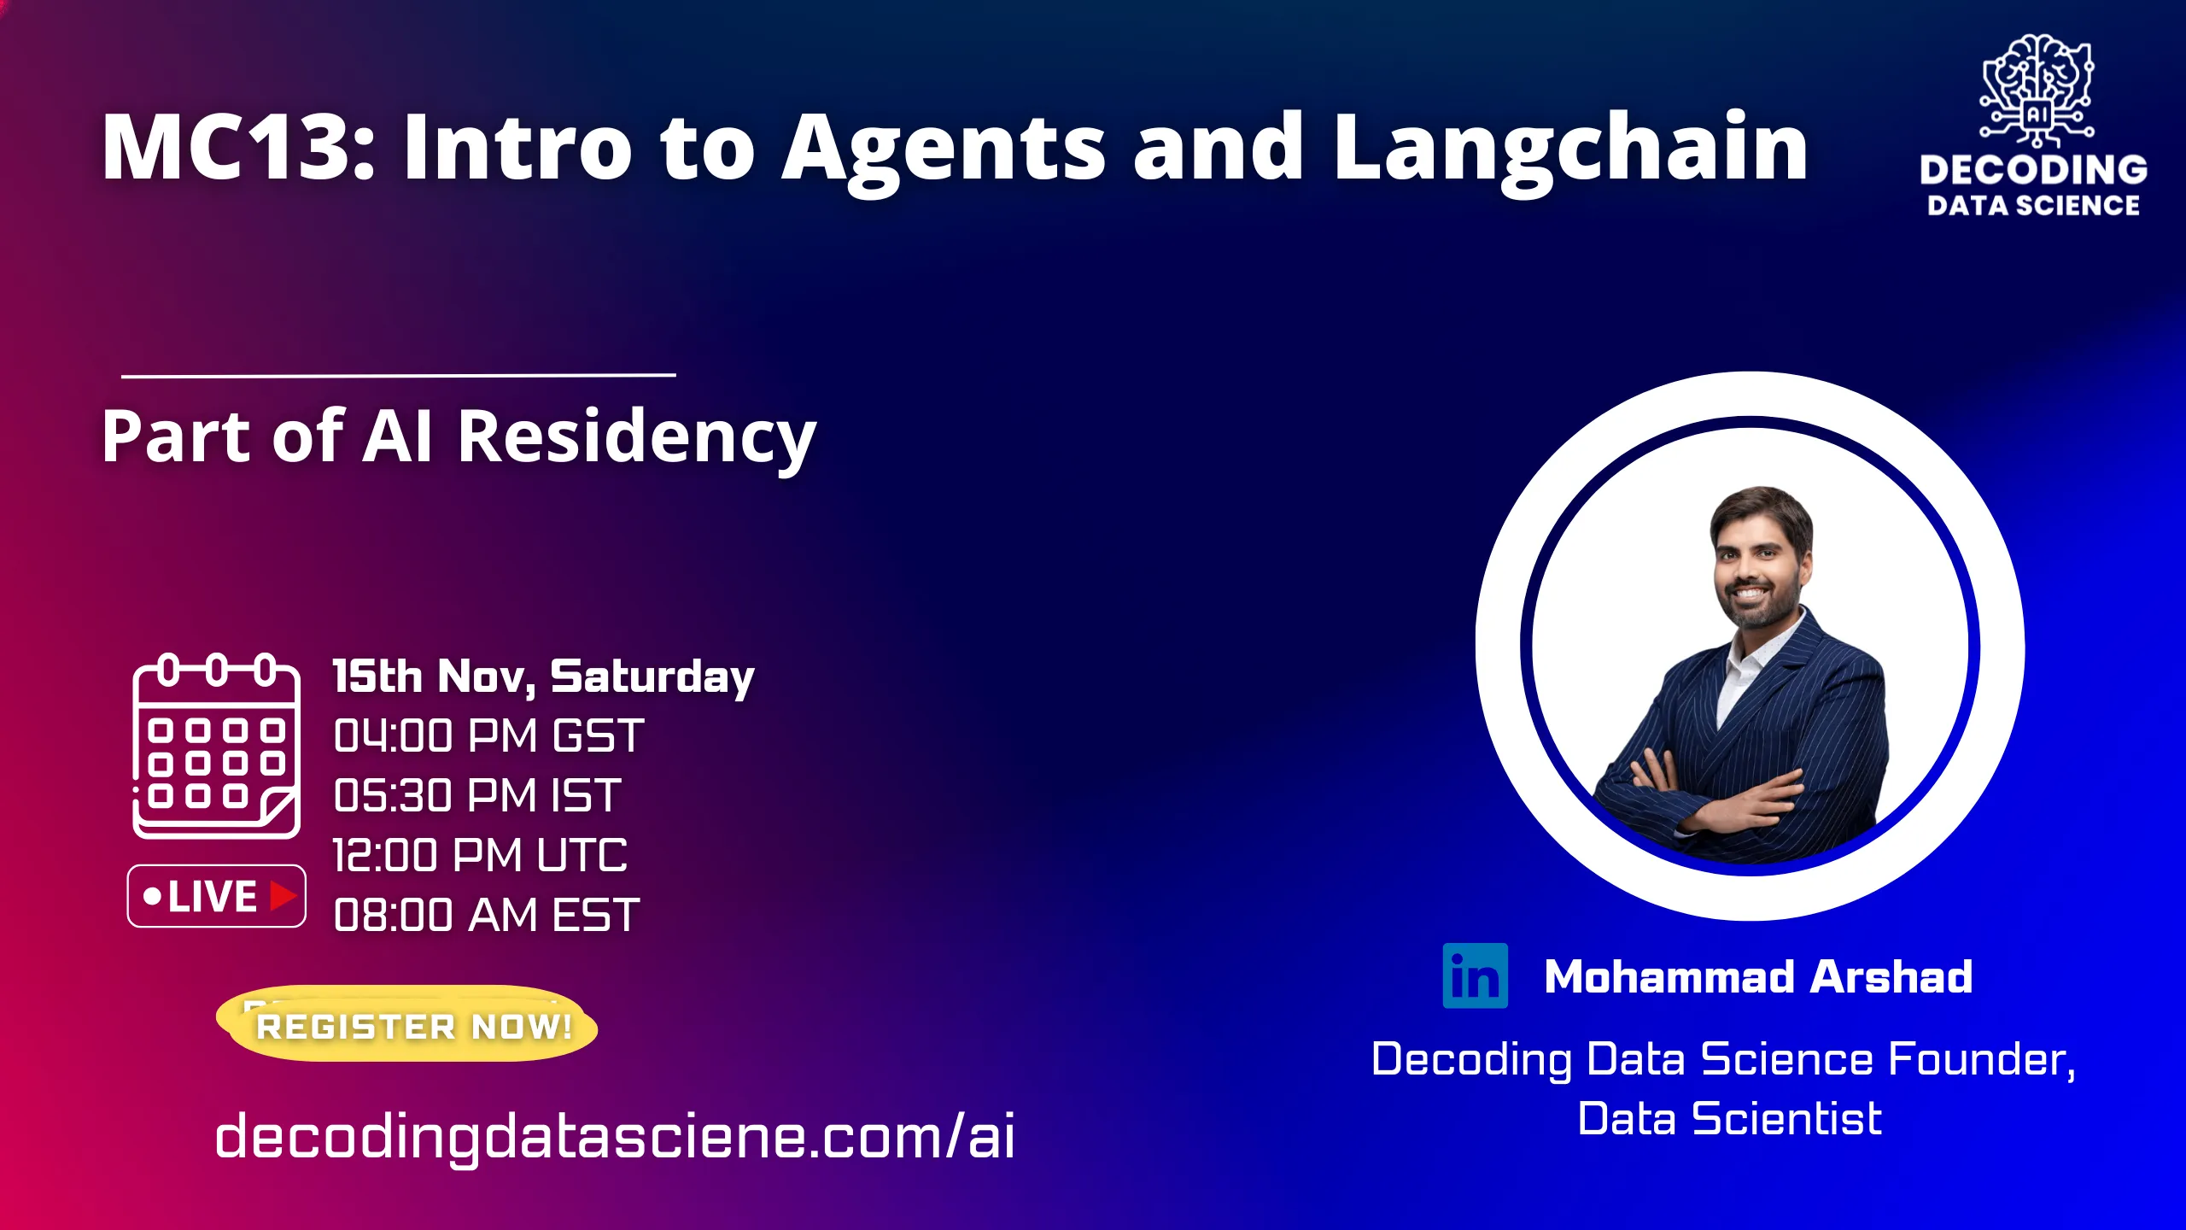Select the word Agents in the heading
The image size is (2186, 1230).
point(944,149)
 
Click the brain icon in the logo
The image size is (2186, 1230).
point(2037,81)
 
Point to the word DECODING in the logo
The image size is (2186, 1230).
point(2033,169)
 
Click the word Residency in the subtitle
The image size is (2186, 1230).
point(636,437)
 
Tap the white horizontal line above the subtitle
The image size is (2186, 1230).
point(398,375)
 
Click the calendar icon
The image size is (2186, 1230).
point(216,746)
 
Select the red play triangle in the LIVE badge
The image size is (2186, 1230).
point(283,896)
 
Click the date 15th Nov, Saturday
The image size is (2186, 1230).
point(543,676)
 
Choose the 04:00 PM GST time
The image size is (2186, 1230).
point(488,736)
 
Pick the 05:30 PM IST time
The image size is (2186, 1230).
point(476,796)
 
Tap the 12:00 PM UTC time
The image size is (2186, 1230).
point(480,856)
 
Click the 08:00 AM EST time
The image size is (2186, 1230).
point(486,916)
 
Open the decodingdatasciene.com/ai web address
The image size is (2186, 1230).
point(615,1136)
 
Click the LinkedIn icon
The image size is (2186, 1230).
point(1475,975)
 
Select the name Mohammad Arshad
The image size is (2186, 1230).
point(1758,976)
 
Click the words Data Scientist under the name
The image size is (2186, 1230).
point(1729,1119)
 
